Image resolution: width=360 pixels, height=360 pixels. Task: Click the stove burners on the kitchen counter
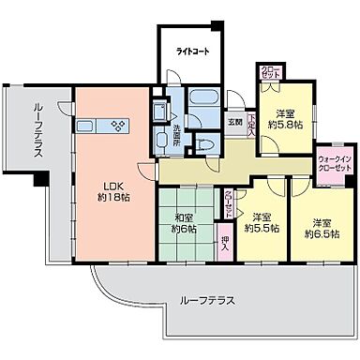pos(119,125)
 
